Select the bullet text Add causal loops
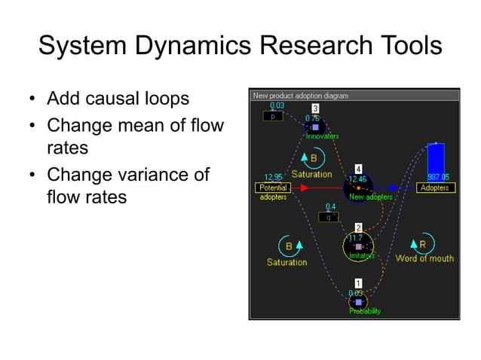pos(118,99)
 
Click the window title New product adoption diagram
pos(300,96)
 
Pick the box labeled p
pos(272,117)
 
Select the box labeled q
pos(329,216)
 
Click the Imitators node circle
pos(357,246)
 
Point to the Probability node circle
pos(358,301)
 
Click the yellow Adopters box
pos(435,188)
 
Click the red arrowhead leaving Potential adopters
pos(305,188)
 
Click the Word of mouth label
pos(424,259)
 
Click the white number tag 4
pos(358,168)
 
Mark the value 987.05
pos(437,178)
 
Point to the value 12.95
pos(272,178)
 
